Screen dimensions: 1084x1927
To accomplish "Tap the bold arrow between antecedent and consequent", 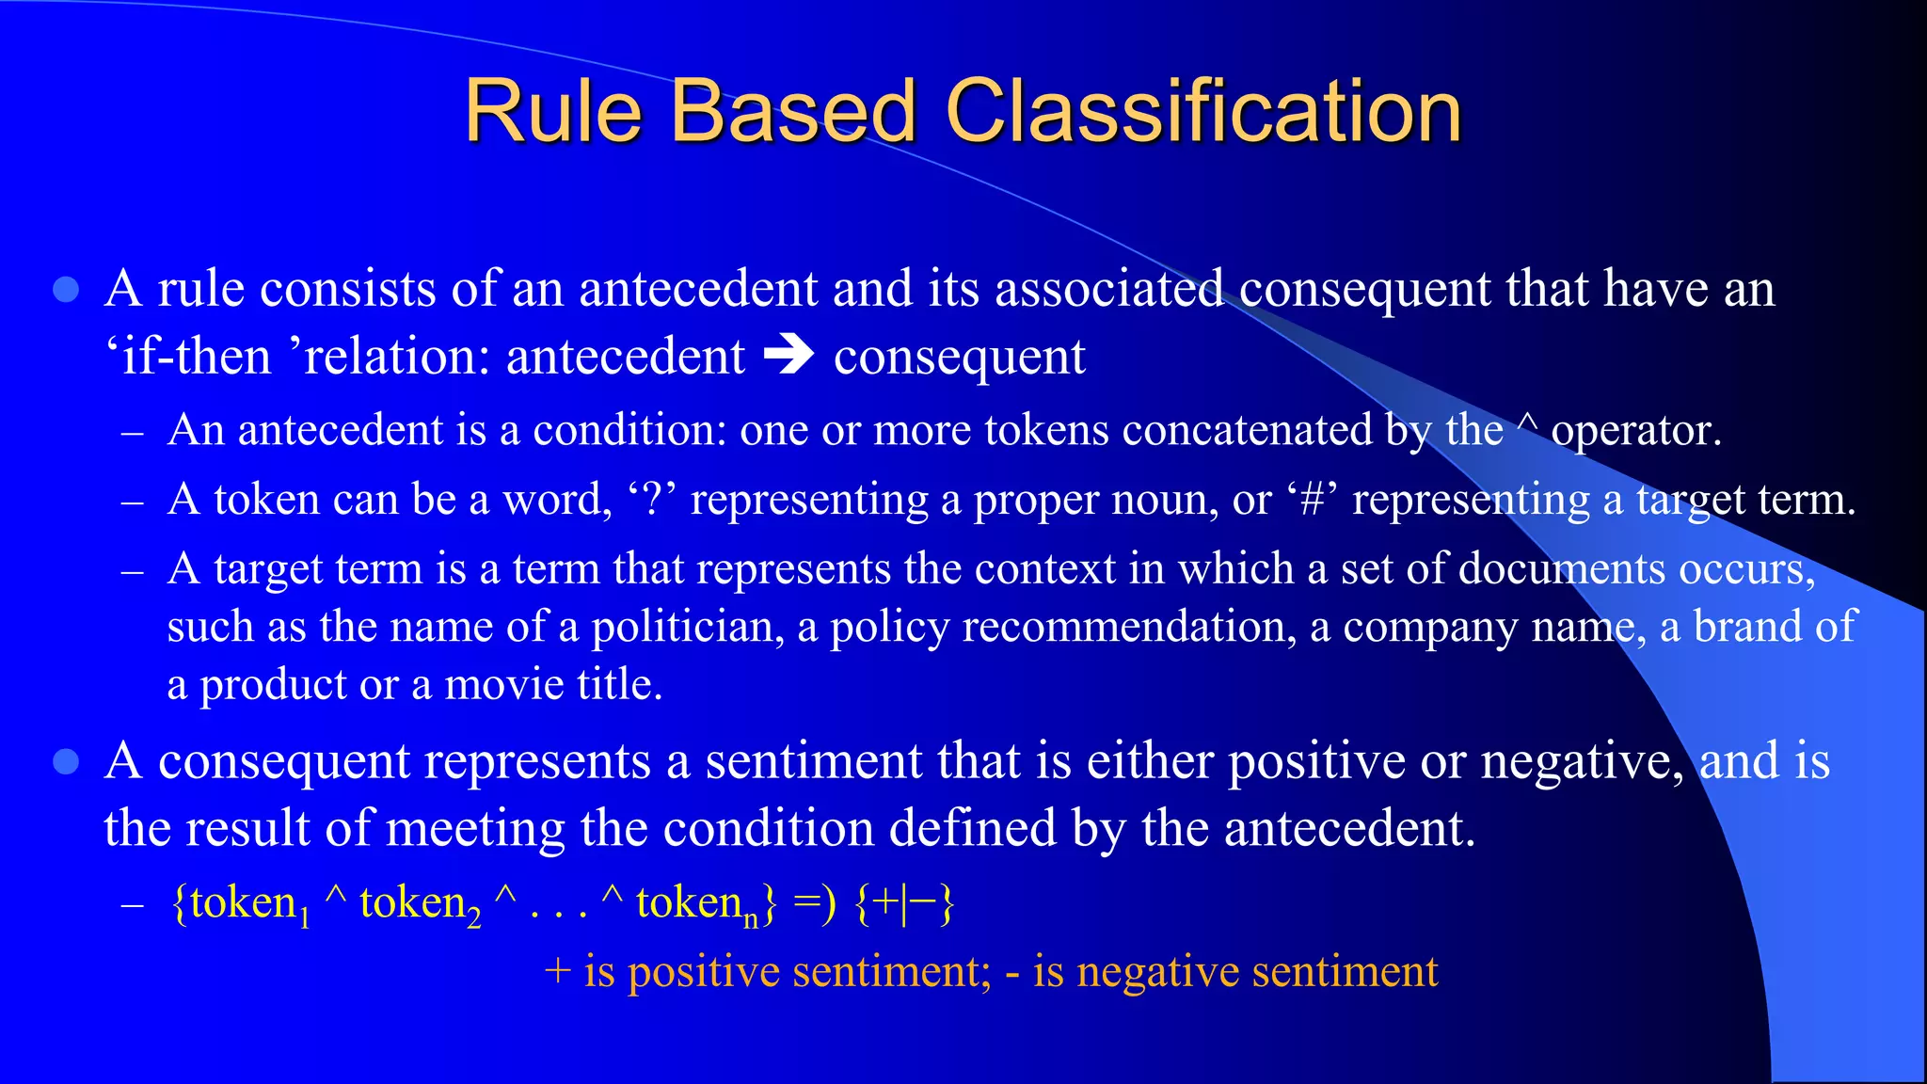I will point(788,356).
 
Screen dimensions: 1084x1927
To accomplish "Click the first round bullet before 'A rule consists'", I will point(66,289).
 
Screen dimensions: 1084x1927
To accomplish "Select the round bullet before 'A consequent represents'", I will point(66,761).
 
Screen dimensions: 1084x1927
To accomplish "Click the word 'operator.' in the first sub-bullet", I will point(1635,430).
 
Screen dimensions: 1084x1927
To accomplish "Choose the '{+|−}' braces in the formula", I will point(903,903).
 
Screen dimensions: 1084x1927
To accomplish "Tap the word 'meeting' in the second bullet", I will point(475,829).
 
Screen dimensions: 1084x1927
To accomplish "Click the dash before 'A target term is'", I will point(133,571).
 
